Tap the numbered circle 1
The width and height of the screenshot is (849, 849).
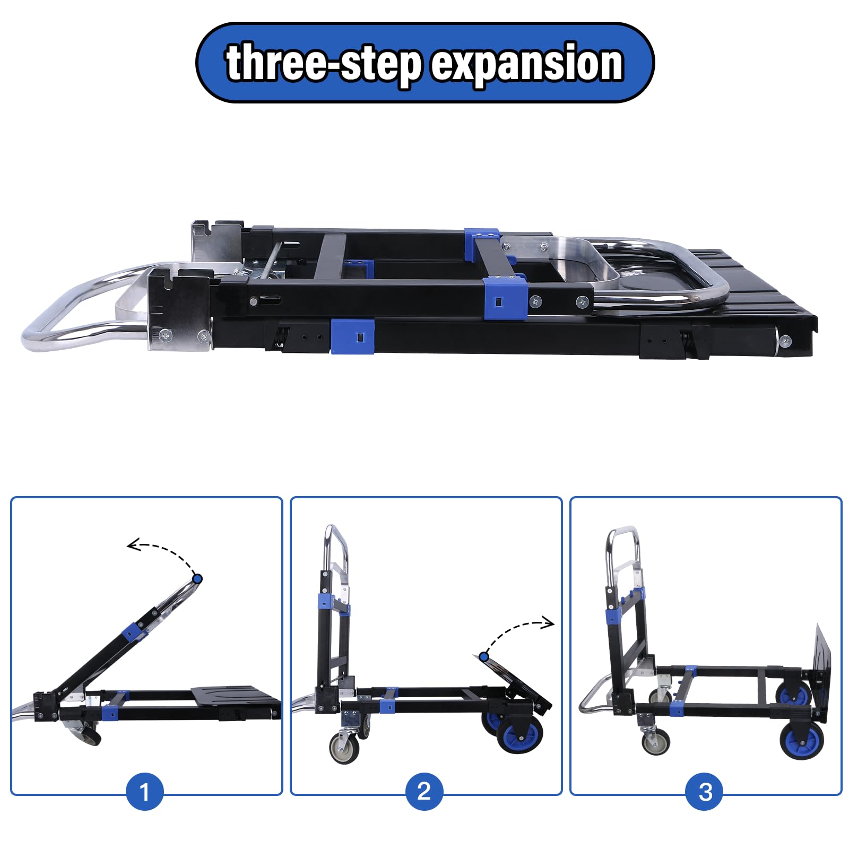144,792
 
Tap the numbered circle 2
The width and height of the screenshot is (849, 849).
424,792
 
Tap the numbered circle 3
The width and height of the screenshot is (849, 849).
705,792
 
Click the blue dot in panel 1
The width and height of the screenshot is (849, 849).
197,579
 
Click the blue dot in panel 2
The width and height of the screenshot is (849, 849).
484,657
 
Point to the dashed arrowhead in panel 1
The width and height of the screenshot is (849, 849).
133,545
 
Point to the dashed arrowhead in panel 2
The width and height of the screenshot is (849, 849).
548,623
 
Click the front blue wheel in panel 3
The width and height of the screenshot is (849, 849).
802,738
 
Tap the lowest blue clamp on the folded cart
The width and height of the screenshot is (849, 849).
352,336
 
